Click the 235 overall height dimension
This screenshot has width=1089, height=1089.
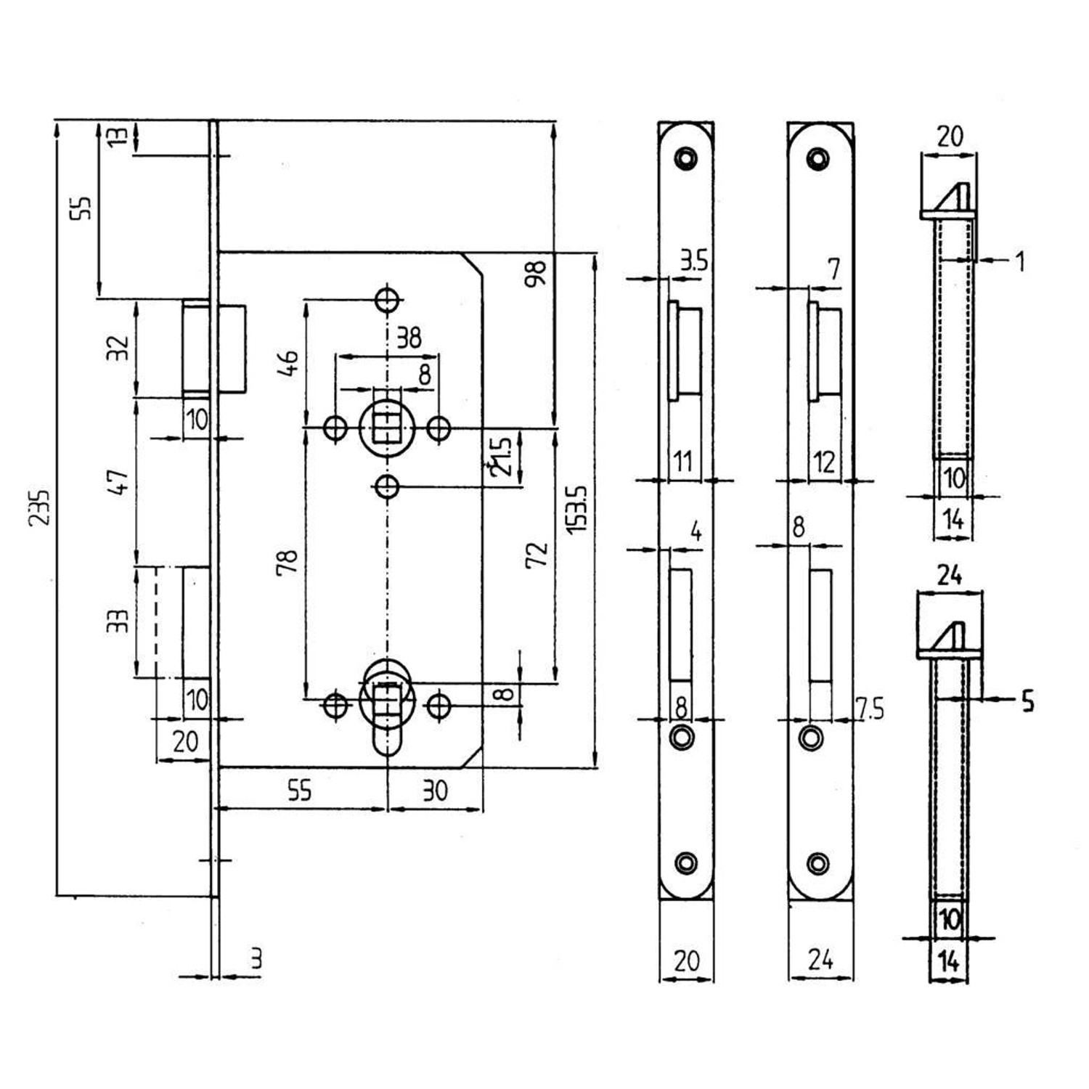pos(39,508)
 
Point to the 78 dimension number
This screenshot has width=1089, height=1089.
pos(287,562)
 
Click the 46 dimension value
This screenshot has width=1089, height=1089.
pos(288,362)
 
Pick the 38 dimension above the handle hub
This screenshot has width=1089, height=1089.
pos(408,338)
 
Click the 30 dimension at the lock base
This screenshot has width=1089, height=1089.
pos(435,791)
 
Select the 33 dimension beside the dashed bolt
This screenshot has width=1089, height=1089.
pos(118,620)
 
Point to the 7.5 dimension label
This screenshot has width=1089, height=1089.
pos(870,709)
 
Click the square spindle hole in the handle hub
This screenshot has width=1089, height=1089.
pos(387,428)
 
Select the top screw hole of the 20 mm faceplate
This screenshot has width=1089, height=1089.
pos(685,158)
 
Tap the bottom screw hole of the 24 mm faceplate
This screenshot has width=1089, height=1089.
pos(818,863)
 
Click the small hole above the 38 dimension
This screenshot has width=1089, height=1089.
pos(388,298)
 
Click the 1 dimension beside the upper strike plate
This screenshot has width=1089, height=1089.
pos(1020,261)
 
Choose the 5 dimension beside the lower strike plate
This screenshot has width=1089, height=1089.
pos(1027,701)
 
